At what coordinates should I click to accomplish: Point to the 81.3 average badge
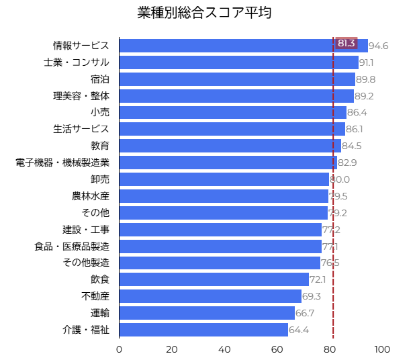pos(346,43)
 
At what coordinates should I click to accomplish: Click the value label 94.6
pos(379,46)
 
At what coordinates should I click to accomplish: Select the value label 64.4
pos(299,330)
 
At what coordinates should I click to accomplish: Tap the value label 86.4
pos(357,112)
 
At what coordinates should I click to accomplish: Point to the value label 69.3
pos(312,296)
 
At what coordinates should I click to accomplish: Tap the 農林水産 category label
pos(91,196)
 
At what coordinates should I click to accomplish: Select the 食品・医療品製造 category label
pos(72,246)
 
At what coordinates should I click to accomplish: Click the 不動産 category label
pos(95,296)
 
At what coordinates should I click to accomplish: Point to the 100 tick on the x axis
pos(382,349)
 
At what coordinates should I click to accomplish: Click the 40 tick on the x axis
pos(224,349)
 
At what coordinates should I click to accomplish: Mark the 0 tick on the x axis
pos(120,349)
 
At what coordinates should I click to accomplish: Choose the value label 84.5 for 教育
pos(352,146)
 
